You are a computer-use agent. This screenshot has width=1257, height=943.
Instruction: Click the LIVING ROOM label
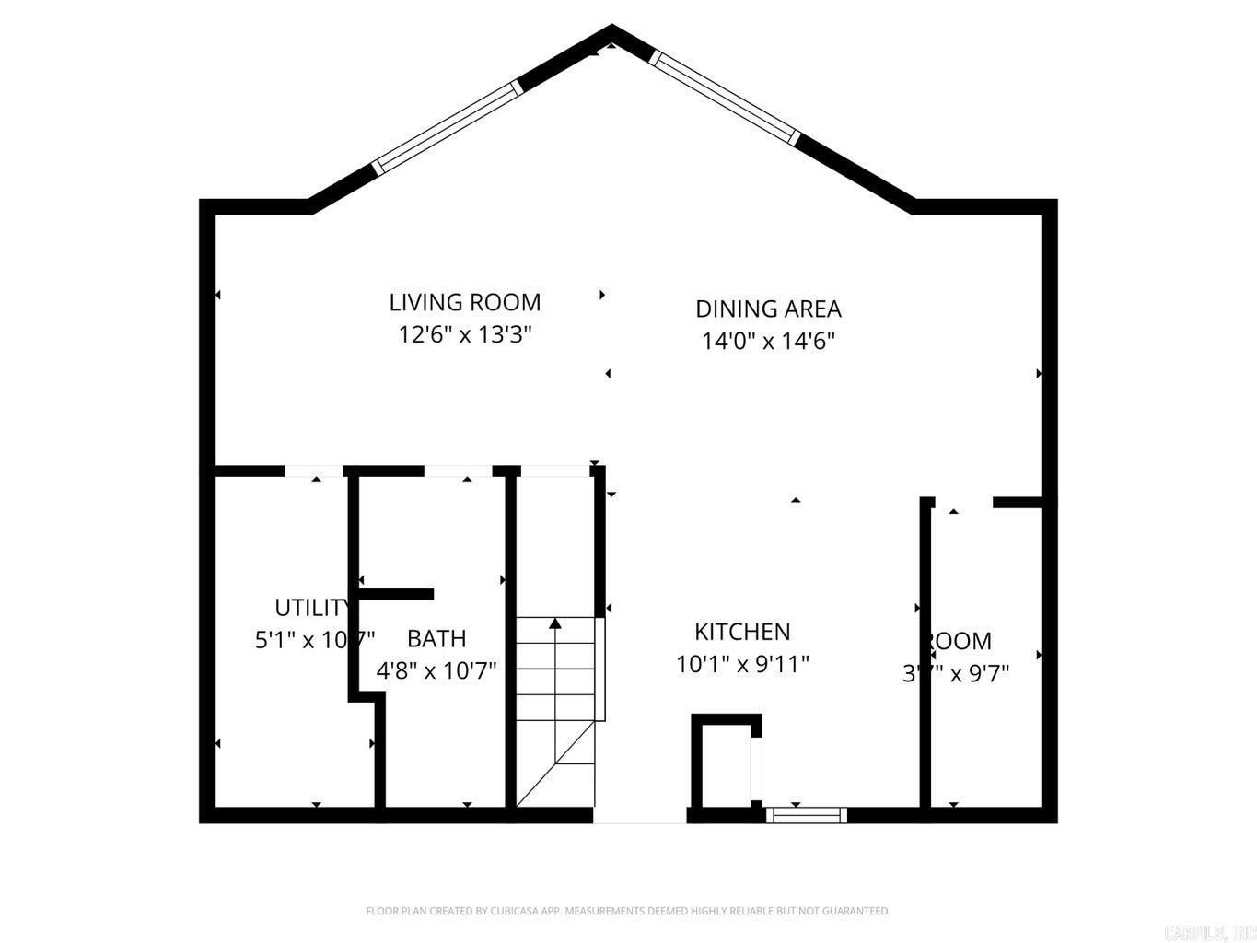tap(464, 302)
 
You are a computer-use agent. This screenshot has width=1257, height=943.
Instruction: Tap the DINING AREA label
tap(768, 309)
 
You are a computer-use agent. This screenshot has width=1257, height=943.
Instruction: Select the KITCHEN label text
tap(742, 632)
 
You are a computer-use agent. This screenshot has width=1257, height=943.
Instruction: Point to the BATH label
tap(436, 638)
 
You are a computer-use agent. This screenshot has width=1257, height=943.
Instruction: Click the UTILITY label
tap(311, 608)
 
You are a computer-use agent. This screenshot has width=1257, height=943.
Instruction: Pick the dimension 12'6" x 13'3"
tap(465, 333)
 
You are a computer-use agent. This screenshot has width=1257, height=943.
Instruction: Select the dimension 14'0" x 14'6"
tap(768, 341)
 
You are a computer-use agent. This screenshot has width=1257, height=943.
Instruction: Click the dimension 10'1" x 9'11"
tap(742, 663)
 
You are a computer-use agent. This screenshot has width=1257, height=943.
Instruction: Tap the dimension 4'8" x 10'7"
tap(436, 669)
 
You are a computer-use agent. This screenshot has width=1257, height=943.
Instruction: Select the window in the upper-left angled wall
tap(447, 126)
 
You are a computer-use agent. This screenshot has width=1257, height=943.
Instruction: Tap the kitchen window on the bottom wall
tap(806, 814)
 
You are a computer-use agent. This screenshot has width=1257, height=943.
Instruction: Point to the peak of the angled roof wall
tap(611, 33)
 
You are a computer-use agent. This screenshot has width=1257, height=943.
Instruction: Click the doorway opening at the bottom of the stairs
tap(639, 816)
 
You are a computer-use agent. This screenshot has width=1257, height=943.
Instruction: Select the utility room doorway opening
tap(313, 471)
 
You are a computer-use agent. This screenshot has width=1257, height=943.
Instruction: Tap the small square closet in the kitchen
tap(726, 762)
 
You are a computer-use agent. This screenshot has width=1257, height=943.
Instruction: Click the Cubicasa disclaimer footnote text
tap(628, 911)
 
